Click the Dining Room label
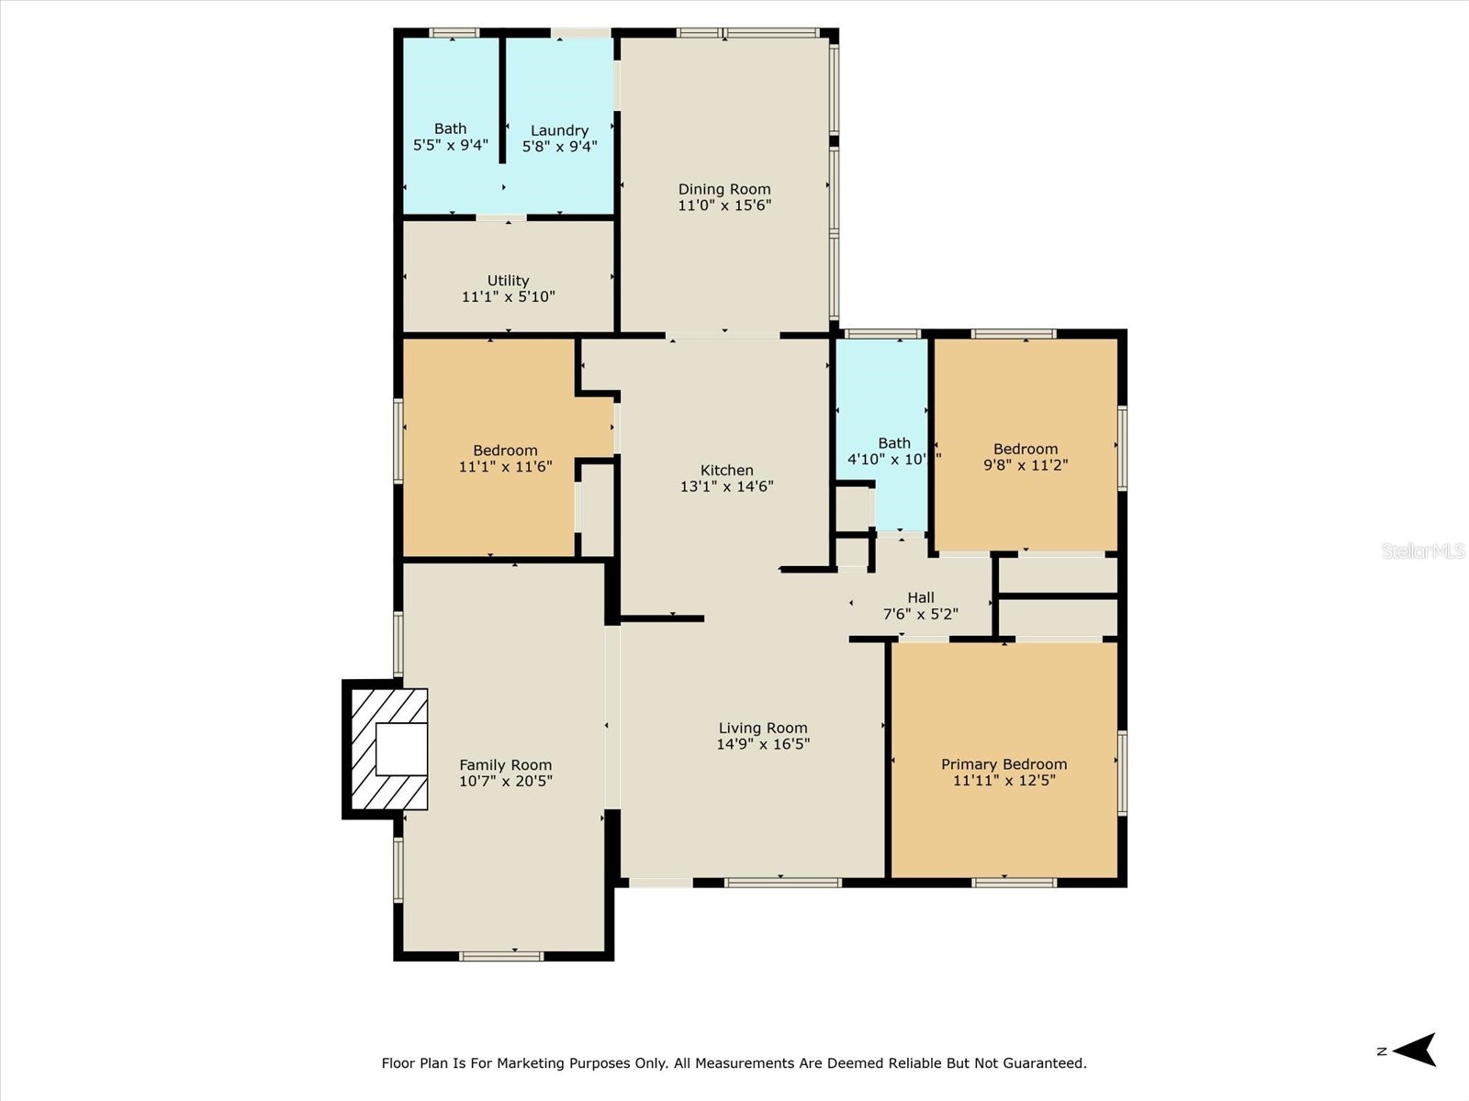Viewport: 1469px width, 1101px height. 724,189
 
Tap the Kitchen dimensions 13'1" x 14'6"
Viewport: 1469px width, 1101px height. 726,486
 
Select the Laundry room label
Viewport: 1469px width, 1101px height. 559,130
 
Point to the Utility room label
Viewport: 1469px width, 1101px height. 508,280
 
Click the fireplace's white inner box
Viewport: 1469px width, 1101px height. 402,750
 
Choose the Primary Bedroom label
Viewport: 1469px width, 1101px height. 1004,764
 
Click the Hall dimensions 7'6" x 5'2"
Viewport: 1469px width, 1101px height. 920,614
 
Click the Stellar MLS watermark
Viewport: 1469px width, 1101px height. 1423,550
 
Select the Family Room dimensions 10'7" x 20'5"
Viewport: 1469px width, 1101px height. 505,781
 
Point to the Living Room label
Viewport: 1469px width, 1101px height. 762,728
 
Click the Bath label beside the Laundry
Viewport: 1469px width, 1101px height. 450,128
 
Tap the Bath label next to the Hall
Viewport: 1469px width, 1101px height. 893,442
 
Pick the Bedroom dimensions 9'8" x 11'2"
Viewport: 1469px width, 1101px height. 1025,465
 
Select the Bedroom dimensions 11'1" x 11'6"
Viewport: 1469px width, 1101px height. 505,466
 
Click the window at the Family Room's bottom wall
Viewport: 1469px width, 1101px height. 501,956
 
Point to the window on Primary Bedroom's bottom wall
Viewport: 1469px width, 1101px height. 1014,883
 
